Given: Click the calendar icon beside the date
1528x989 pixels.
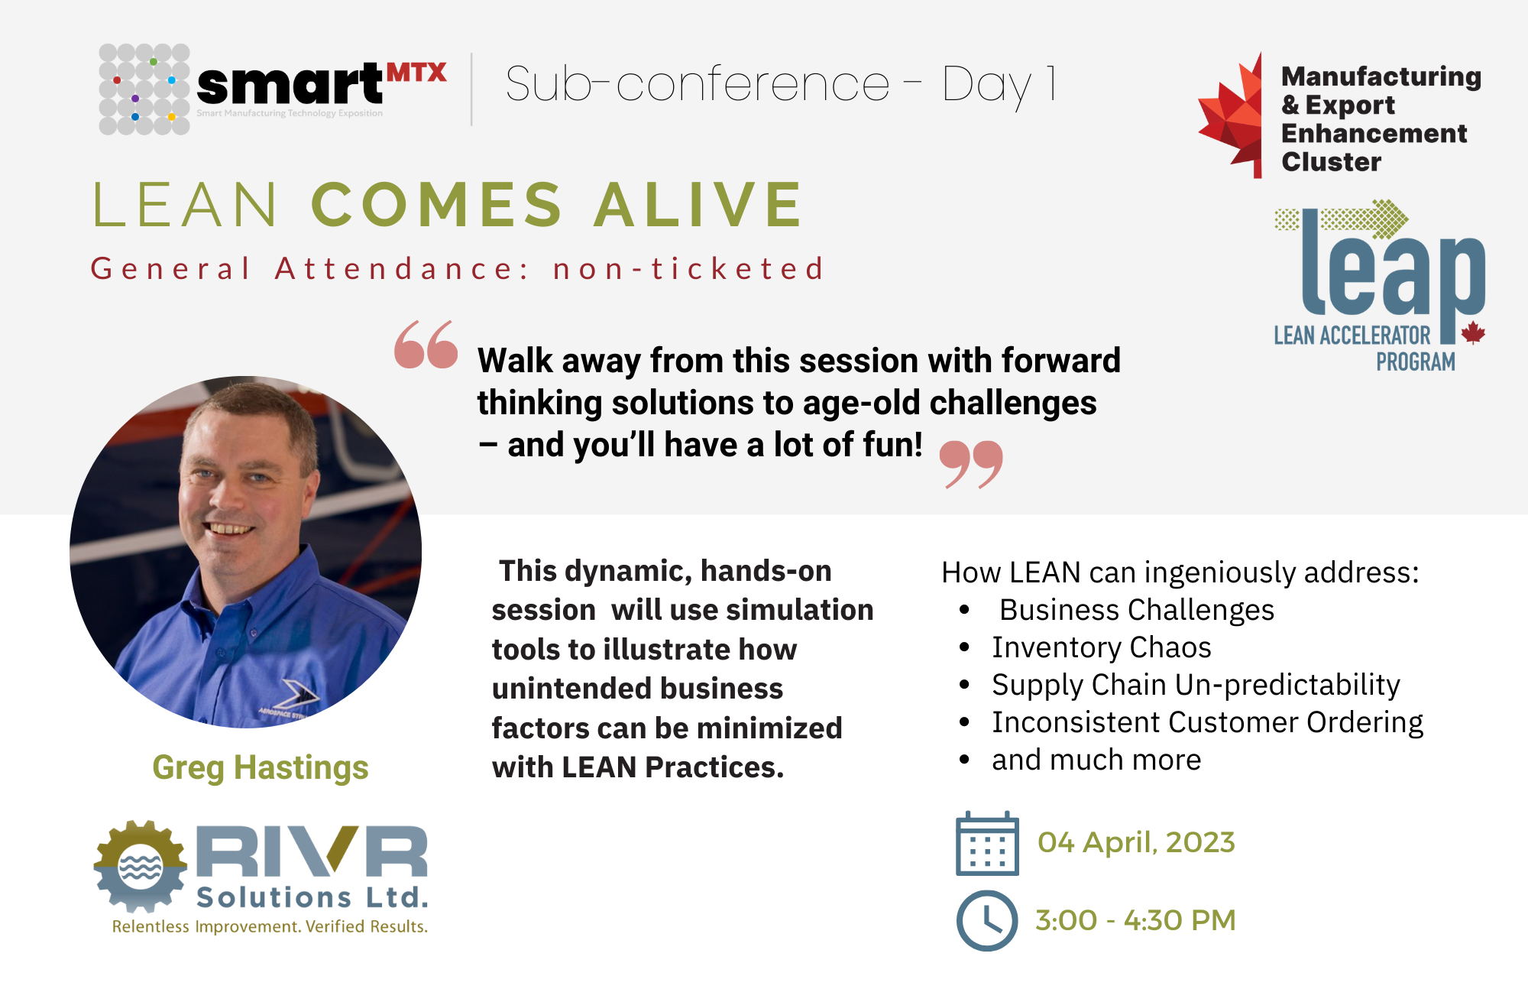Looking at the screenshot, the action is coord(987,843).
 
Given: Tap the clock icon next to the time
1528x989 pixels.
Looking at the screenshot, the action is coord(987,920).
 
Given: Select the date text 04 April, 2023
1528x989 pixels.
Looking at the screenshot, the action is coord(1136,842).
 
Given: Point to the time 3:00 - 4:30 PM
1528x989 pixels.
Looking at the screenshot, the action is coord(1135,920).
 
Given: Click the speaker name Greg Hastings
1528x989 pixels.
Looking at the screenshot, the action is coord(261,767).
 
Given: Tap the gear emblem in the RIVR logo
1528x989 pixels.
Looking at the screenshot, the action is coord(141,866).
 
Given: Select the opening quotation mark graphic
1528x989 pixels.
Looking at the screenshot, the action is coord(426,345).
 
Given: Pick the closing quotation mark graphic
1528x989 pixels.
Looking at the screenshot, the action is coord(971,464).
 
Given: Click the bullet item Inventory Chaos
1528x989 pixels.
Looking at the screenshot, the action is coord(1102,647).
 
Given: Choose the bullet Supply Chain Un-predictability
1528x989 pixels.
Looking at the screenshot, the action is coord(1196,685).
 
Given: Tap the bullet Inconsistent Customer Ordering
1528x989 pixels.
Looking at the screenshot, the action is coord(1208,722).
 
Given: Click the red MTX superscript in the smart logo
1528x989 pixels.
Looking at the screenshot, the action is coord(416,73).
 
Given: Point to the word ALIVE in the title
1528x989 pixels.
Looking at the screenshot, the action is coord(698,204).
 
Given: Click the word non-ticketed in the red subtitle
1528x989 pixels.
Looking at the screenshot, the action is coord(688,268).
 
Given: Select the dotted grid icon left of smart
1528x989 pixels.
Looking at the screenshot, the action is coord(144,89).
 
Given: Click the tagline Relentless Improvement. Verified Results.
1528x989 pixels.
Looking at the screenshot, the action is coord(270,926).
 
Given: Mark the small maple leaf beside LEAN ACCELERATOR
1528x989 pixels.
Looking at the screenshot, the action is coord(1473,332).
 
